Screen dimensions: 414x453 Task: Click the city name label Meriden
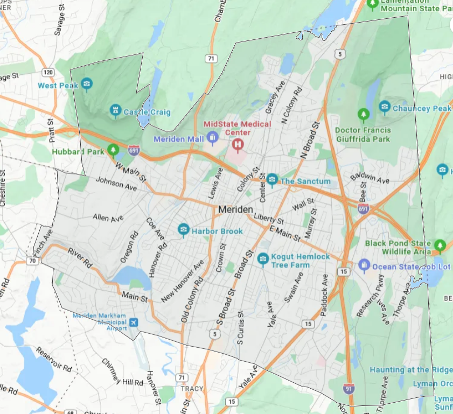click(236, 209)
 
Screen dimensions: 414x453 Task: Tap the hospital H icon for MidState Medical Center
click(237, 144)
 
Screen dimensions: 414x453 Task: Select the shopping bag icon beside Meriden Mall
click(213, 139)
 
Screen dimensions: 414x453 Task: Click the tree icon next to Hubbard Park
click(113, 150)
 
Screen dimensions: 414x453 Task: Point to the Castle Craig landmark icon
click(115, 111)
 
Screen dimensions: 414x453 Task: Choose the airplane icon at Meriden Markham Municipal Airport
click(134, 322)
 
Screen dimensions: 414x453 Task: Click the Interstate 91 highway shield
click(349, 387)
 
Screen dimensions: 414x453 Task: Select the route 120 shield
click(48, 72)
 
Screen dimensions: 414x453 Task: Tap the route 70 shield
click(32, 261)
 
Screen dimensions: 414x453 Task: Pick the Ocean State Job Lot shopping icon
click(364, 265)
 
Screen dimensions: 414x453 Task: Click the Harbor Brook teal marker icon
click(184, 230)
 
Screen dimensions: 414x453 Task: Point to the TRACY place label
click(192, 388)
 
